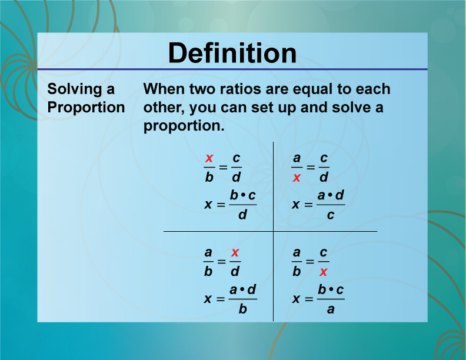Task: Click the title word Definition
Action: point(232,53)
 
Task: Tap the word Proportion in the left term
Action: point(86,108)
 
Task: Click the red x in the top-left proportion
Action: point(208,159)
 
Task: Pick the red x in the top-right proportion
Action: point(297,178)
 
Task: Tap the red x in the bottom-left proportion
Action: point(235,253)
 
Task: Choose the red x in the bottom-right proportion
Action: point(324,272)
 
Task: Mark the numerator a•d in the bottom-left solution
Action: point(242,290)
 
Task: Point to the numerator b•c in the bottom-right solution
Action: point(331,290)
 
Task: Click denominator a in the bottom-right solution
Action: point(331,309)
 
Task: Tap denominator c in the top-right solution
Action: point(331,215)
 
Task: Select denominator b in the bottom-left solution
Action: point(242,309)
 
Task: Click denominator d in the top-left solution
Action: point(242,215)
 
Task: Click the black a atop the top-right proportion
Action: point(297,159)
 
